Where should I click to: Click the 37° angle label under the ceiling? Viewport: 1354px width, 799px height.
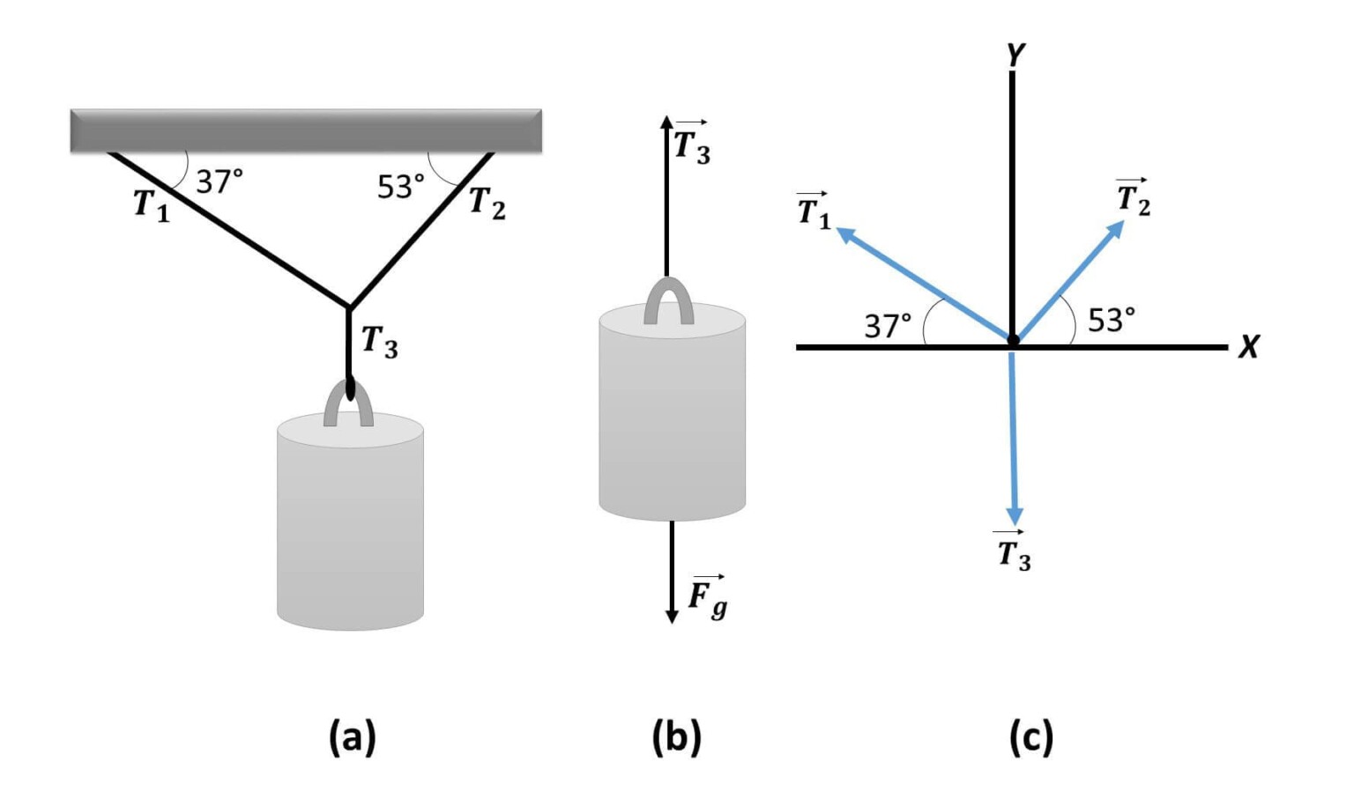click(219, 181)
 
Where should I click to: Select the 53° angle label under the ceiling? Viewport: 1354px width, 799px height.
click(400, 187)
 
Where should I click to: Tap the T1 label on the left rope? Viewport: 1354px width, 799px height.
click(151, 205)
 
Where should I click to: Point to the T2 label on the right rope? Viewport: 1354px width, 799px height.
click(487, 203)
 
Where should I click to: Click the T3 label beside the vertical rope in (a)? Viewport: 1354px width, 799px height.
click(379, 341)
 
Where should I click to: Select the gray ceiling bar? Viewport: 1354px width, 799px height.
click(306, 131)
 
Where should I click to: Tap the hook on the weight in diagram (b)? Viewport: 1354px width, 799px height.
click(668, 301)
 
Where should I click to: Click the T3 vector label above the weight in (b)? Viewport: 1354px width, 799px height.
click(691, 143)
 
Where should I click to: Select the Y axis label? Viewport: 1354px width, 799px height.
click(1015, 55)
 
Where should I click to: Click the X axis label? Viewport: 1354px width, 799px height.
click(1248, 347)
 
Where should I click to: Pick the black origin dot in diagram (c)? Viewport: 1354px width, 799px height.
click(1013, 340)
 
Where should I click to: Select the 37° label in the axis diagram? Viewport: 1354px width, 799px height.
click(887, 326)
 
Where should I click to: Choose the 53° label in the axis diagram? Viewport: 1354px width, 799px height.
click(1111, 320)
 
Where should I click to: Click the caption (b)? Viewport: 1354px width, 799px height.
click(676, 736)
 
